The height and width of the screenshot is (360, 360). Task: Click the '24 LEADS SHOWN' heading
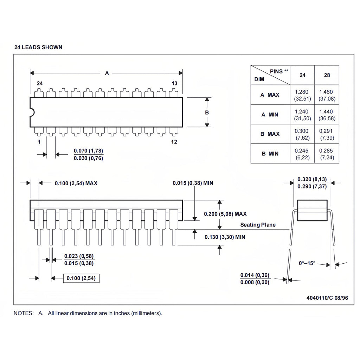38,47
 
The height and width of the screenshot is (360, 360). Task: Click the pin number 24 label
40,83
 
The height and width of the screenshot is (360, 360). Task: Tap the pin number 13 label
174,83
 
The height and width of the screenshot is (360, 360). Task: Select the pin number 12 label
174,142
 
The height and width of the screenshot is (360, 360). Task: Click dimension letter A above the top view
107,73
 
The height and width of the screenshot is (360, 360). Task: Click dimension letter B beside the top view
207,112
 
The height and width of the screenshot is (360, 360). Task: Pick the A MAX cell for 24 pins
302,95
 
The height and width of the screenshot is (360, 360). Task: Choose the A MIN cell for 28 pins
327,115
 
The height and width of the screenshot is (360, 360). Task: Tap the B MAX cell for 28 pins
327,134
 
